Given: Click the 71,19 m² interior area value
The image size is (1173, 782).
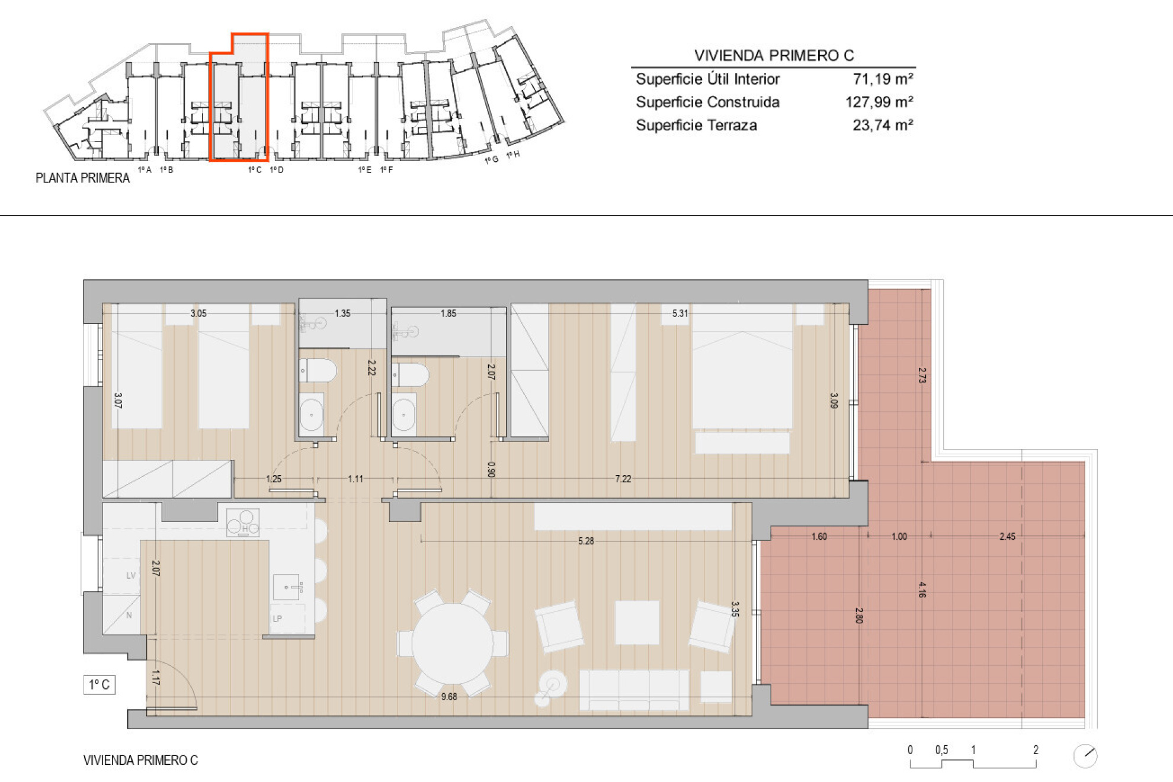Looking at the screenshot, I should pos(882,79).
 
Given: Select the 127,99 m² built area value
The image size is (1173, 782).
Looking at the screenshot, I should pos(879,102).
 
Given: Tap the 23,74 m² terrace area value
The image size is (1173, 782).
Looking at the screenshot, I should pos(882,125).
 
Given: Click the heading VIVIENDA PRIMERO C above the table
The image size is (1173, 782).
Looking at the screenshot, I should pos(774,56).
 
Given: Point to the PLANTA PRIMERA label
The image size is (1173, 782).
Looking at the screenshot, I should pos(82,178).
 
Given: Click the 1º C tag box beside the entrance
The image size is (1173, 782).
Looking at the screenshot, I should pos(99,685).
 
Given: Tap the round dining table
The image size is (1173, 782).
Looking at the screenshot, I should pos(453,643).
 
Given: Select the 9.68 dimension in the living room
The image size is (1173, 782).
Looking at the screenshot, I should pos(449,697).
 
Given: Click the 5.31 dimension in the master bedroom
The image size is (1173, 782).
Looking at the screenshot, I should pos(680,313).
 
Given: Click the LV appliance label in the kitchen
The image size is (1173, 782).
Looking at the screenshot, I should pos(131,575).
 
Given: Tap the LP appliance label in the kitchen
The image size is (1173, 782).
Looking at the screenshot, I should pos(277,618).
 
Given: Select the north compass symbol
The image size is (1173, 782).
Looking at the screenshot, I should pos(1085,756).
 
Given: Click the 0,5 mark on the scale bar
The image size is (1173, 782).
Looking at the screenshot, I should pos(941,750).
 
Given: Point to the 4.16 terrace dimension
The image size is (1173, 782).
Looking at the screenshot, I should pos(922,589).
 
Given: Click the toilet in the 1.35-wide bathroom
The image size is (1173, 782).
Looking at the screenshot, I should pos(318,371).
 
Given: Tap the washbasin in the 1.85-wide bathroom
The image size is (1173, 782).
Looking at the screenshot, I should pos(404,414).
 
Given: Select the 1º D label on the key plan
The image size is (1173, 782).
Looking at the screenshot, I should pos(277,170).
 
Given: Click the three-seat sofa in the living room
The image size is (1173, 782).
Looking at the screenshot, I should pos(634,690).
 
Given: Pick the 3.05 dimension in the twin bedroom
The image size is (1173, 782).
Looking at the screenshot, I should pos(198,313).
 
